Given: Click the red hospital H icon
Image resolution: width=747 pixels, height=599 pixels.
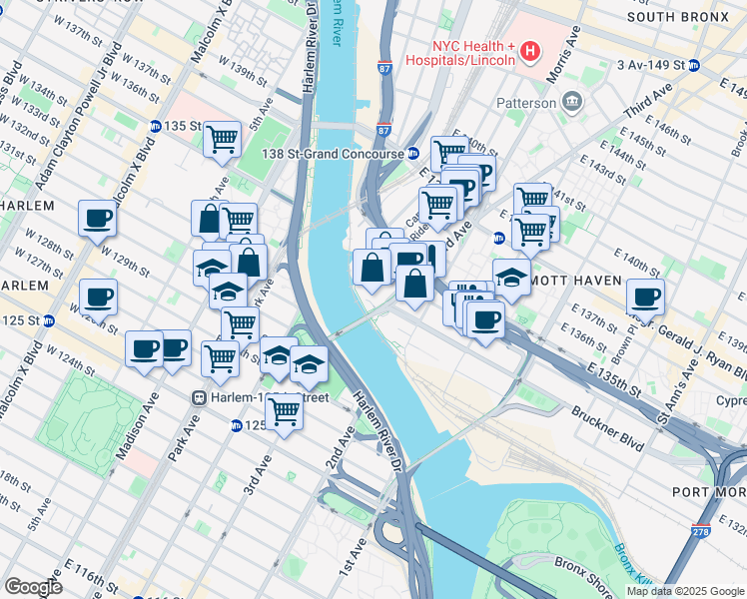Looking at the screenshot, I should (530, 50).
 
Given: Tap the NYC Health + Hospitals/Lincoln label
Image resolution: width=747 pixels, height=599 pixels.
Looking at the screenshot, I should (472, 53).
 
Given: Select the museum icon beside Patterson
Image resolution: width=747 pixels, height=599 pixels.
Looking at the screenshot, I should (573, 101).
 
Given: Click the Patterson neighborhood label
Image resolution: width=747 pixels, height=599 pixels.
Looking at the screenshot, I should (526, 103).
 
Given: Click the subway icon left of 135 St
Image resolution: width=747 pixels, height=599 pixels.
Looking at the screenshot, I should (156, 127).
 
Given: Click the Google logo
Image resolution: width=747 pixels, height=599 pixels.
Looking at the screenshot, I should (33, 586).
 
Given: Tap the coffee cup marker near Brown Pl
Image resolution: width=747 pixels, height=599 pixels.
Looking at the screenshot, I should (646, 297).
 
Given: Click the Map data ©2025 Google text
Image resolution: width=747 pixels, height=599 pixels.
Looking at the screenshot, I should (684, 591).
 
